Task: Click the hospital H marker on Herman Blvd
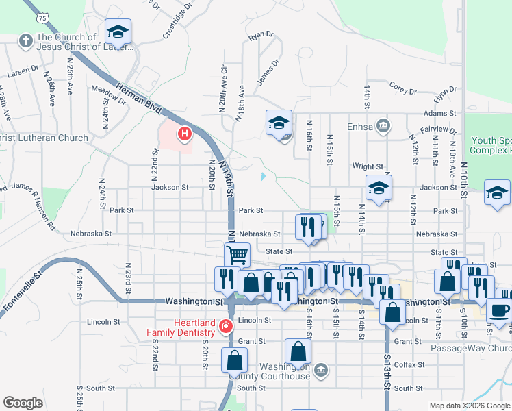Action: point(184,134)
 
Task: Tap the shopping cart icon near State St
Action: point(237,255)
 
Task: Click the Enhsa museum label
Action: point(368,125)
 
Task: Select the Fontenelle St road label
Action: point(23,291)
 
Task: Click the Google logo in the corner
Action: point(23,403)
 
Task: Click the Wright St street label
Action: point(367,166)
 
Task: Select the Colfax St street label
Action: point(409,364)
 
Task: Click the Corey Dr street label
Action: point(402,90)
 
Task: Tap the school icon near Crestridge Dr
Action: point(118,32)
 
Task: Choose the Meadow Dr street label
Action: point(109,95)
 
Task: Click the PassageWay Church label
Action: point(481,348)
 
